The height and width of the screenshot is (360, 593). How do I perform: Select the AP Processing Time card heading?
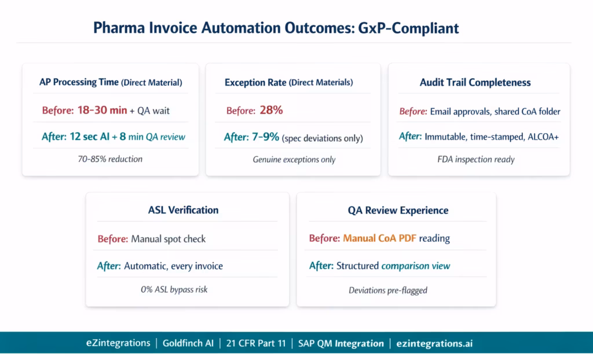109,82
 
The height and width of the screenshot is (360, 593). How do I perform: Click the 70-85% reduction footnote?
110,159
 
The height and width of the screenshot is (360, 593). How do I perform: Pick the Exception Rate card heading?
288,82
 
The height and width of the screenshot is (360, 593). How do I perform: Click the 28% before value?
271,110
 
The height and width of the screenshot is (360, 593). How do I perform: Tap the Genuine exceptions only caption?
294,159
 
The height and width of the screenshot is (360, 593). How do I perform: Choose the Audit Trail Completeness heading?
475,82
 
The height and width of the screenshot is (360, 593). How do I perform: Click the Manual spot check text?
168,238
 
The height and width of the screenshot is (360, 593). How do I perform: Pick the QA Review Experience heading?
398,210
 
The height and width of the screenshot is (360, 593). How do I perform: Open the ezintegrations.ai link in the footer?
434,343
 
